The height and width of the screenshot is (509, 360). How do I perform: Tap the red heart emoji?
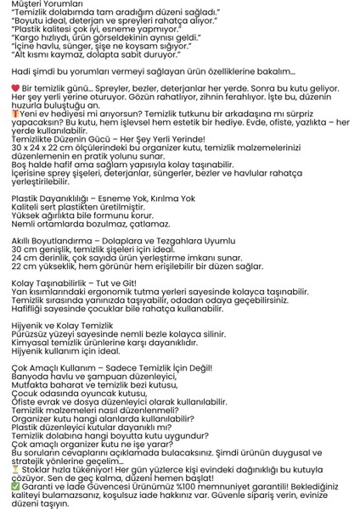click(x=14, y=89)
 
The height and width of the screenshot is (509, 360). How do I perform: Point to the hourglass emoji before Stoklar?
click(x=15, y=467)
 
